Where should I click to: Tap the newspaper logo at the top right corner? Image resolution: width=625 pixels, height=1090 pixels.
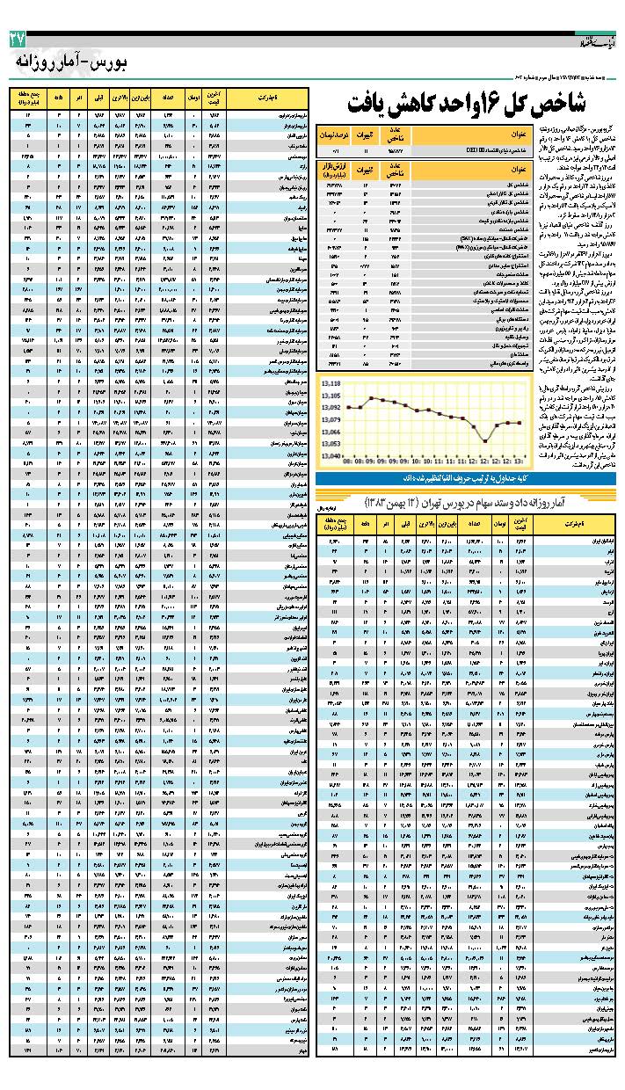592,42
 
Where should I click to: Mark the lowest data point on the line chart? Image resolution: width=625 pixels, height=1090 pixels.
484,441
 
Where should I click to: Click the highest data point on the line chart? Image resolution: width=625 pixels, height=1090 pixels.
372,398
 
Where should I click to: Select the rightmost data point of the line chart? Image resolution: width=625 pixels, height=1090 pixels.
520,423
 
